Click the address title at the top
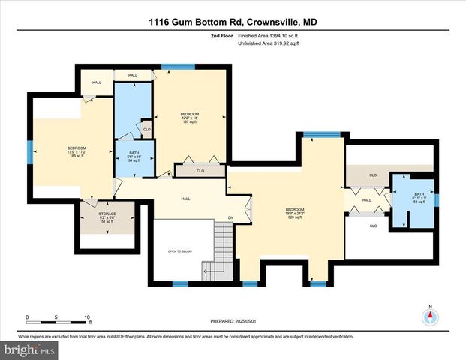click(x=233, y=22)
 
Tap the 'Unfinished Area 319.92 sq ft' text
click(x=269, y=44)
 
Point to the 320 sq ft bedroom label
click(x=294, y=212)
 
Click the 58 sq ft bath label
click(x=419, y=199)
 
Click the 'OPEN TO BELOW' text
click(x=181, y=250)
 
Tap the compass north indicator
click(x=430, y=316)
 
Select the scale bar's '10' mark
click(x=88, y=317)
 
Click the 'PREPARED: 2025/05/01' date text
click(x=233, y=321)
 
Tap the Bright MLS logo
click(x=29, y=349)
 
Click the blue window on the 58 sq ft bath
click(x=438, y=199)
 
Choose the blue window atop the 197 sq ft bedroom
click(x=174, y=67)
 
